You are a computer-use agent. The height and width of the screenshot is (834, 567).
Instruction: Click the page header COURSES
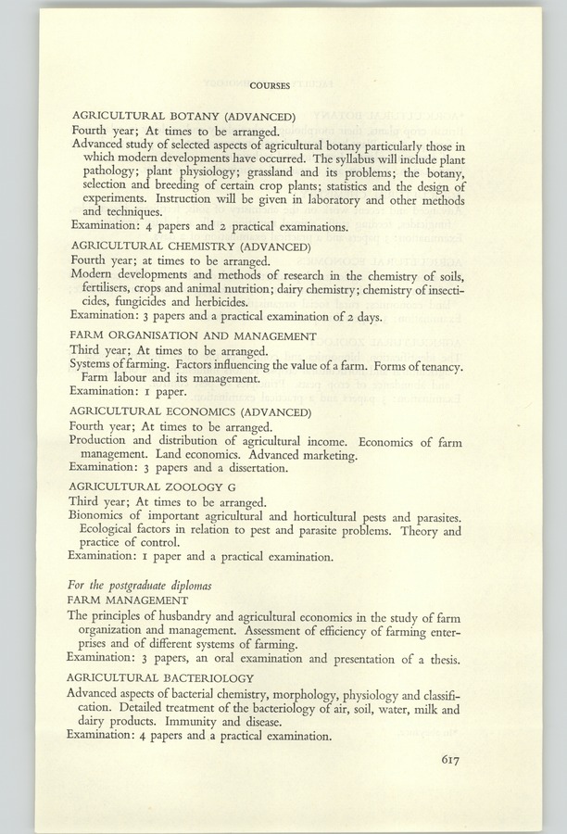click(270, 85)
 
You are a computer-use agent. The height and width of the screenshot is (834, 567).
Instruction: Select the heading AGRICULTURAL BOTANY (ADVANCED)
click(183, 117)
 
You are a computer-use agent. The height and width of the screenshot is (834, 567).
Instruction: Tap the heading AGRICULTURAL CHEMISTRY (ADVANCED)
click(190, 246)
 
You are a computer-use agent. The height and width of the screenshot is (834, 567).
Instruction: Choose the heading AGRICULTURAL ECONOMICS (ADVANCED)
click(194, 411)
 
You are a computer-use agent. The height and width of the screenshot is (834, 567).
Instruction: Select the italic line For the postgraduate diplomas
click(141, 585)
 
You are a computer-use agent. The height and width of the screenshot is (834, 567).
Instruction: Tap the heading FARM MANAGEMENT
click(130, 600)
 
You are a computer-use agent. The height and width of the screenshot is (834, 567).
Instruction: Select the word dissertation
click(252, 468)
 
